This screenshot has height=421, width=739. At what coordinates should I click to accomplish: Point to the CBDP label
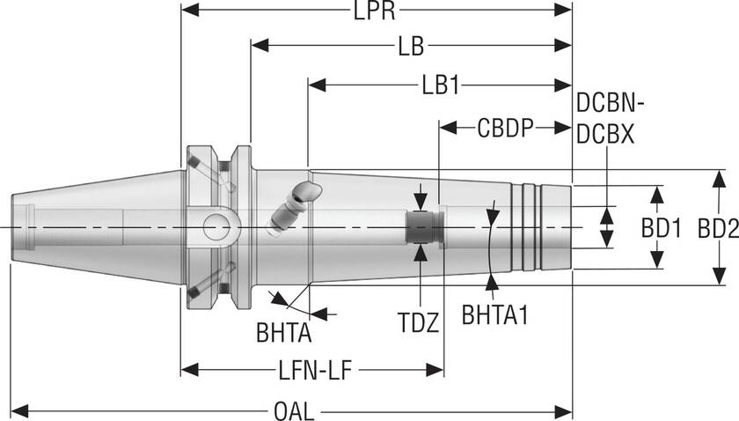[505, 129]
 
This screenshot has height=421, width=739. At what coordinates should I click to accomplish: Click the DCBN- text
[611, 104]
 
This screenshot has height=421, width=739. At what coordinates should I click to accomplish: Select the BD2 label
[717, 229]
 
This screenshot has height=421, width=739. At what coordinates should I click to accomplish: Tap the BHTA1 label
[494, 314]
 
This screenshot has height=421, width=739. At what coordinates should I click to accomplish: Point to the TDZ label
[421, 323]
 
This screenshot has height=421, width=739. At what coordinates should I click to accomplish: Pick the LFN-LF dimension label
[311, 371]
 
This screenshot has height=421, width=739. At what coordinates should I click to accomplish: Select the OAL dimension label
[295, 411]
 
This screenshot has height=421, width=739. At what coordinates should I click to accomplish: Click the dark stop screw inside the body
[420, 227]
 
